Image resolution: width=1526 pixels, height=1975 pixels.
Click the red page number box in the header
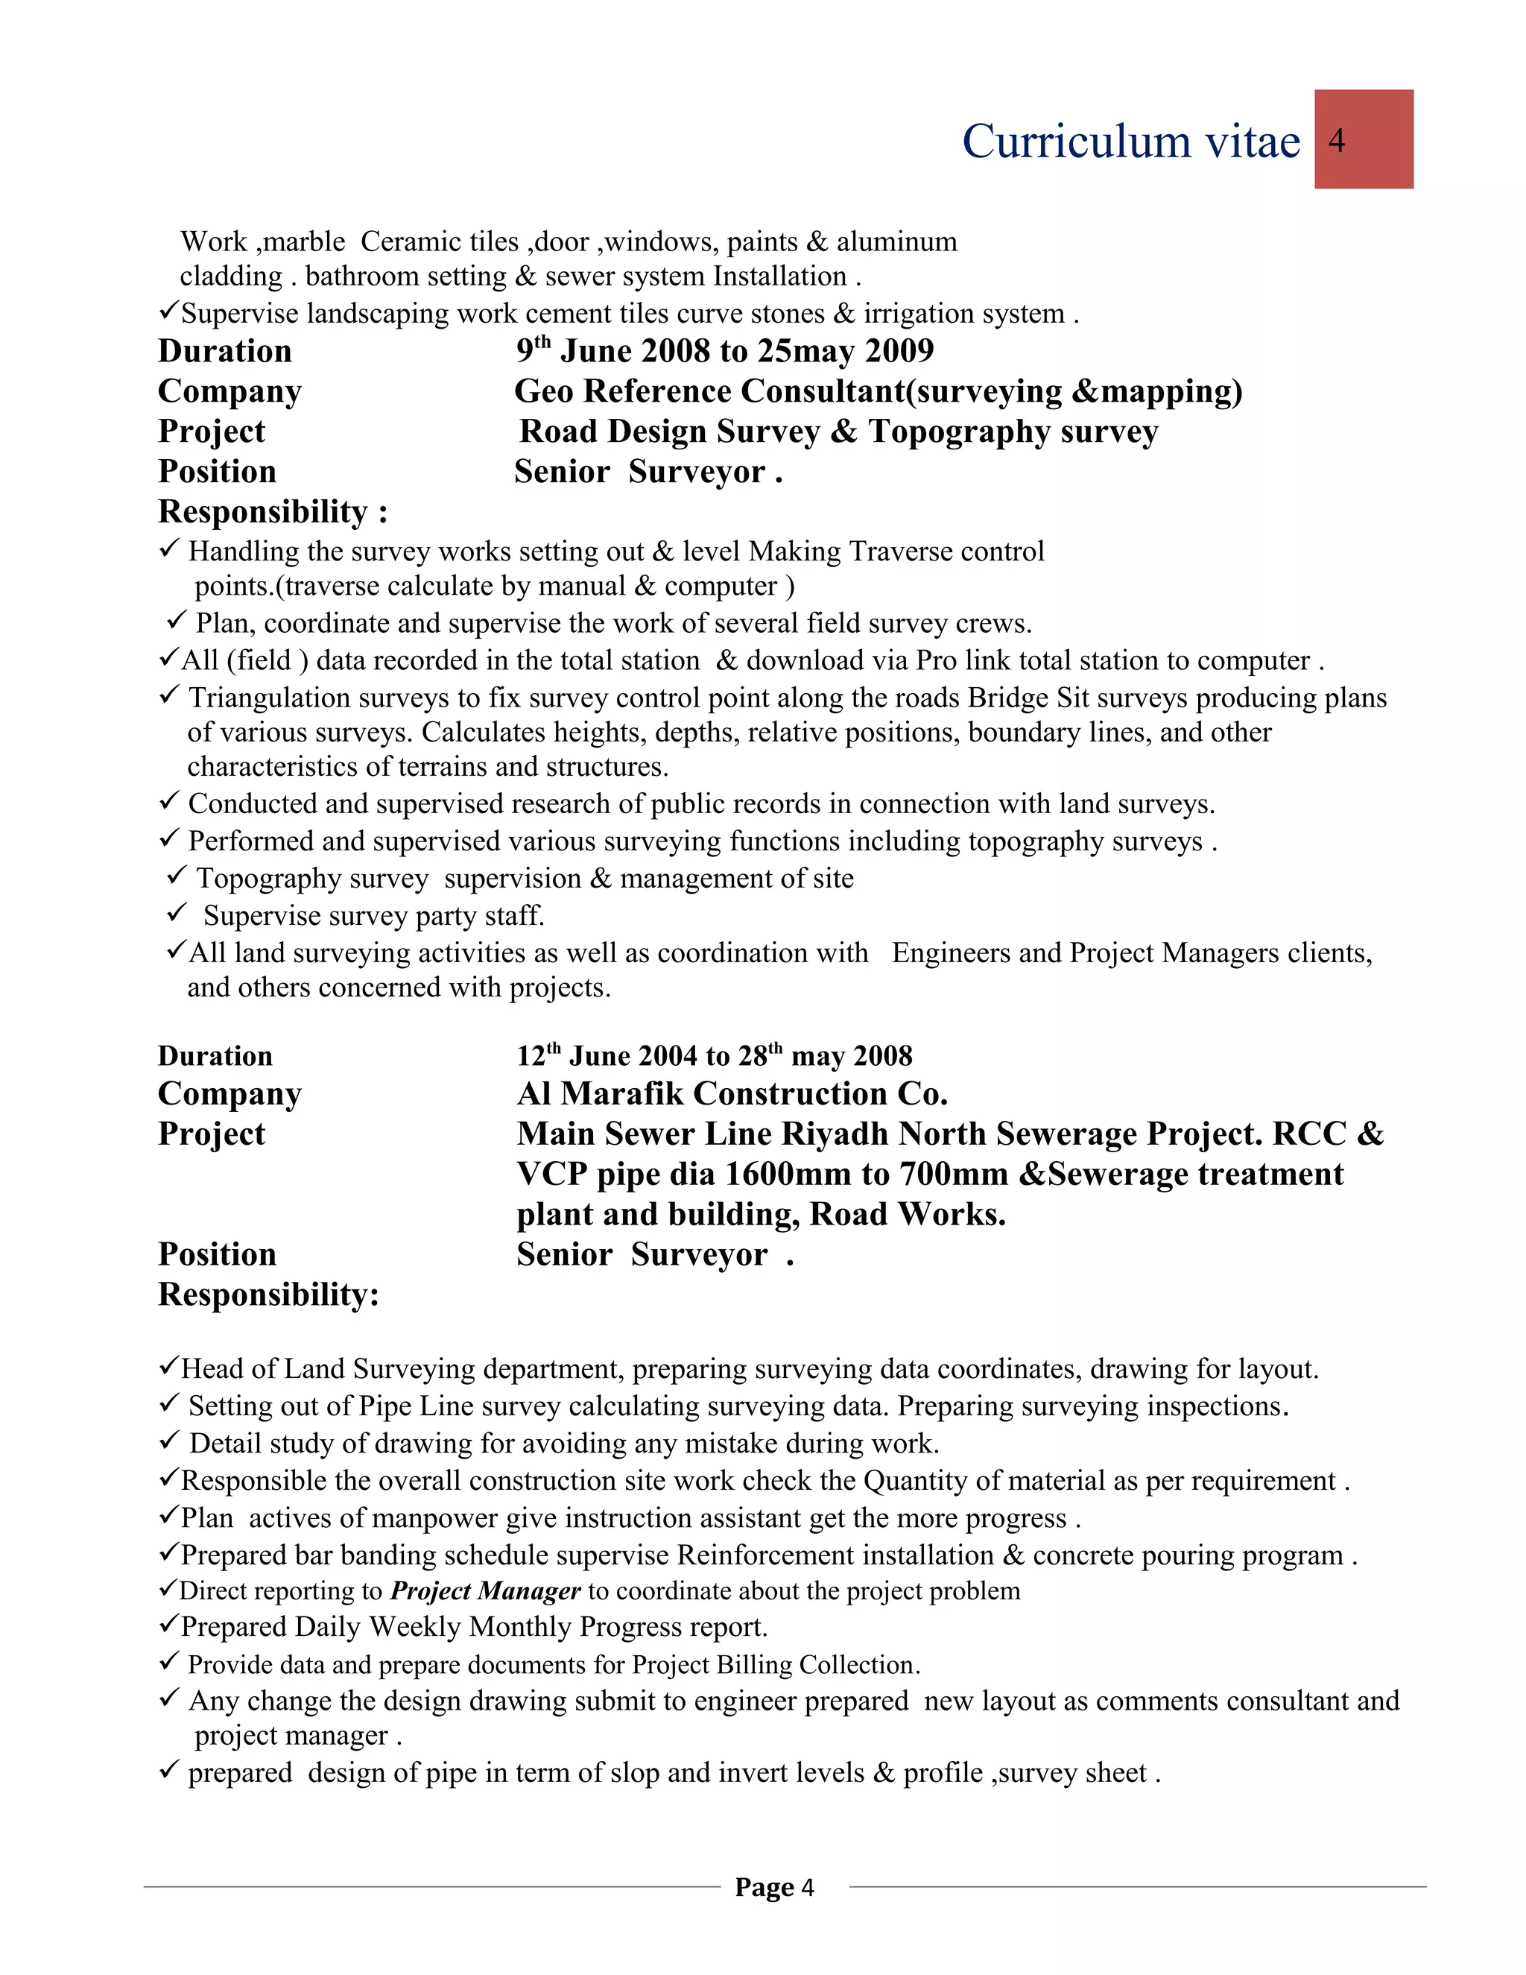pos(1364,139)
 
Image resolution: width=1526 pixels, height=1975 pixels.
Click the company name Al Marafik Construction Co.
pos(732,1093)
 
